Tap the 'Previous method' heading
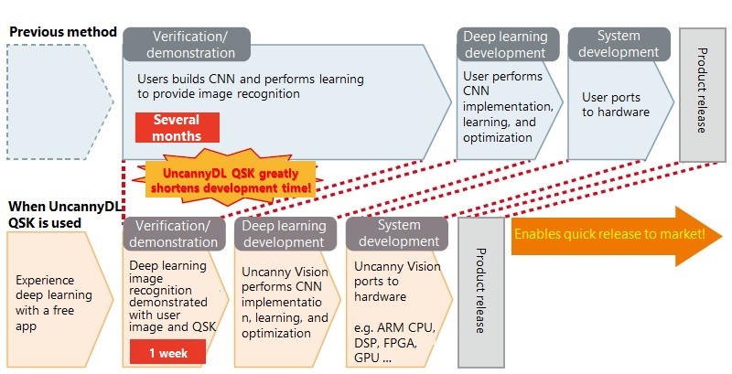point(62,32)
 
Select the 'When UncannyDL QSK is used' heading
point(59,215)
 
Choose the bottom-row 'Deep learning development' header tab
point(285,234)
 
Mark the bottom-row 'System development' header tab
point(395,234)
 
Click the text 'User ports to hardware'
point(615,104)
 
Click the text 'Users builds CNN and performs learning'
point(250,79)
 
